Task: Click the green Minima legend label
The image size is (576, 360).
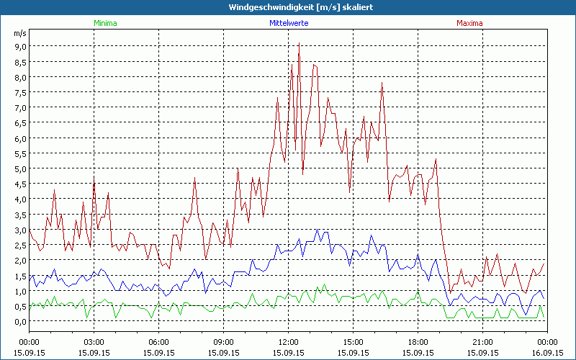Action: [x=105, y=23]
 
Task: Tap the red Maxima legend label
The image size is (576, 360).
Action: [x=470, y=23]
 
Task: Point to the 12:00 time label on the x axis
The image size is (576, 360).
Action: [x=288, y=341]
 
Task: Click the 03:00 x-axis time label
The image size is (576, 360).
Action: [x=94, y=341]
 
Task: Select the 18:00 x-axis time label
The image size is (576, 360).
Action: [x=418, y=341]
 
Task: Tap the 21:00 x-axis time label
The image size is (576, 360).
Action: [x=482, y=341]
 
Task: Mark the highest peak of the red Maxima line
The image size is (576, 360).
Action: [x=299, y=44]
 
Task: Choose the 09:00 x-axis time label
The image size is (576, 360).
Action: [x=223, y=341]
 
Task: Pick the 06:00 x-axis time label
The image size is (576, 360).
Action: [x=158, y=341]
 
